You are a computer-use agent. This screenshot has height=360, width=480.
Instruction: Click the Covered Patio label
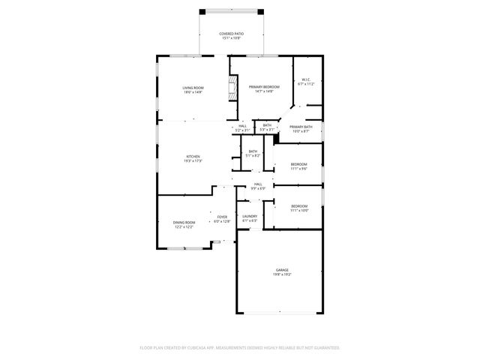[x=230, y=34]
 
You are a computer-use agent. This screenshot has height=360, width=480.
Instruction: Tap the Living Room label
[x=193, y=88]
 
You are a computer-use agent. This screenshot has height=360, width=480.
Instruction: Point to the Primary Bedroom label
[x=265, y=87]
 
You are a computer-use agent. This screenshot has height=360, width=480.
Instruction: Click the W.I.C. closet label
[x=306, y=79]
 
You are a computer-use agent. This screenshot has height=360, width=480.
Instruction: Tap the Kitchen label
[x=193, y=156]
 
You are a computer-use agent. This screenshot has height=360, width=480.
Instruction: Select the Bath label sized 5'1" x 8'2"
[x=253, y=151]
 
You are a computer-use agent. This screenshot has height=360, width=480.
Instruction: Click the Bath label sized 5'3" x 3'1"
[x=267, y=125]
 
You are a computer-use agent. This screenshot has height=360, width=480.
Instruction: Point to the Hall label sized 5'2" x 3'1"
[x=242, y=125]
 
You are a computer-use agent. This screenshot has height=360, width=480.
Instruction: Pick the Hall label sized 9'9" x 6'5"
[x=257, y=184]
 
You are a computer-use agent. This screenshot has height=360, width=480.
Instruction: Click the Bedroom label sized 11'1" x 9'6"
[x=298, y=163]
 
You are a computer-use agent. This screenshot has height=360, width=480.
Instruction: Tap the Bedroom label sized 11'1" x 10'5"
[x=298, y=205]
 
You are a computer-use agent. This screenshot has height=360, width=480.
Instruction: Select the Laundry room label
[x=250, y=216]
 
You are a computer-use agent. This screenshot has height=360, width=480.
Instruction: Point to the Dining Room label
[x=184, y=222]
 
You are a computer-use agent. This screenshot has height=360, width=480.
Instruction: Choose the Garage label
[x=281, y=270]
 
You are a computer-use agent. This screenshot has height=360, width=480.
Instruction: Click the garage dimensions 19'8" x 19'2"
[x=281, y=274]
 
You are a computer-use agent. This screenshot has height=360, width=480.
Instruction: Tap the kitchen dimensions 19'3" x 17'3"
[x=193, y=160]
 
